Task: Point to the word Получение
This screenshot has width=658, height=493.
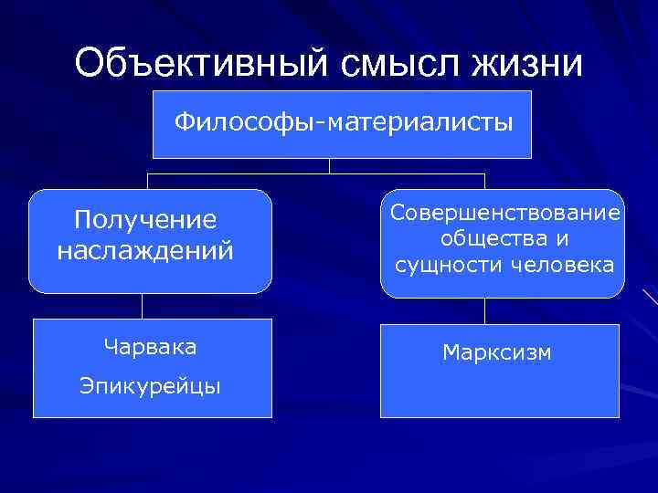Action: tap(145, 220)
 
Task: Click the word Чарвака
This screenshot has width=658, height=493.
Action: tap(150, 347)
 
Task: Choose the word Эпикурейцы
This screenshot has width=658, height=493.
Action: tap(150, 386)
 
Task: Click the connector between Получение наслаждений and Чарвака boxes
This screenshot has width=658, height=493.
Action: tap(143, 306)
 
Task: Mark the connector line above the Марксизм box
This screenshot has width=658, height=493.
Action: tap(485, 309)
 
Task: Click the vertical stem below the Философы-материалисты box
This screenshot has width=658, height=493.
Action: tap(330, 165)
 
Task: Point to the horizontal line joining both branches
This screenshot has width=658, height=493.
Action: tap(274, 173)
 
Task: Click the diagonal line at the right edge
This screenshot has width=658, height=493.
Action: tap(650, 297)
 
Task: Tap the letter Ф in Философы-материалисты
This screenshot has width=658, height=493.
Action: tap(183, 121)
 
